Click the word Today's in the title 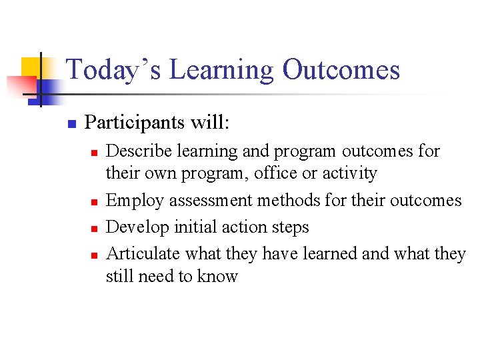(113, 70)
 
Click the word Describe (139, 151)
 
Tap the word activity (349, 173)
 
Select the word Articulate (143, 253)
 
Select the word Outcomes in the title (341, 70)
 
